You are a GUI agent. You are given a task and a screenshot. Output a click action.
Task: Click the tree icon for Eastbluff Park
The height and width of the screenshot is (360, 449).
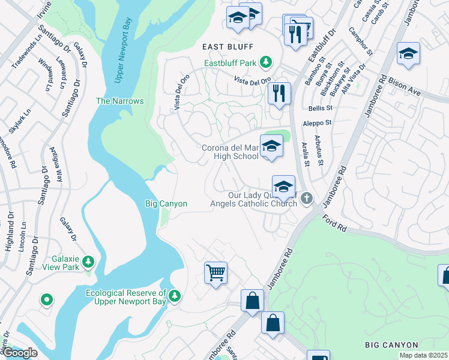(x=264, y=62)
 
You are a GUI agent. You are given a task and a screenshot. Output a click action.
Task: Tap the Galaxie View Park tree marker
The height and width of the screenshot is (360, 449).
(x=88, y=261)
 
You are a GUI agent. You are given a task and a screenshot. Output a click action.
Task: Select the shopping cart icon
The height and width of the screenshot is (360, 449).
(x=215, y=273)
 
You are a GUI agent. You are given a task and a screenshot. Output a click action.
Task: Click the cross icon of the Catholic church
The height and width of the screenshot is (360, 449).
(x=307, y=198)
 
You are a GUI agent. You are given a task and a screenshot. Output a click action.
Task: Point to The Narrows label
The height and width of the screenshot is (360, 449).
(x=120, y=101)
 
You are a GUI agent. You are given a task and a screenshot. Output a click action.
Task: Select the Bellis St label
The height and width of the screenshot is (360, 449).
(x=320, y=108)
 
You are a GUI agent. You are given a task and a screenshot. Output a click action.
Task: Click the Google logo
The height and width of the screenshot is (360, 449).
(x=19, y=353)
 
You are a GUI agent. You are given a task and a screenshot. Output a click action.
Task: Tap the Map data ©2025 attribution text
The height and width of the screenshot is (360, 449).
(x=423, y=355)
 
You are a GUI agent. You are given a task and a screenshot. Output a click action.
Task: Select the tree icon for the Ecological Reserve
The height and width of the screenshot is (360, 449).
(x=175, y=295)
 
